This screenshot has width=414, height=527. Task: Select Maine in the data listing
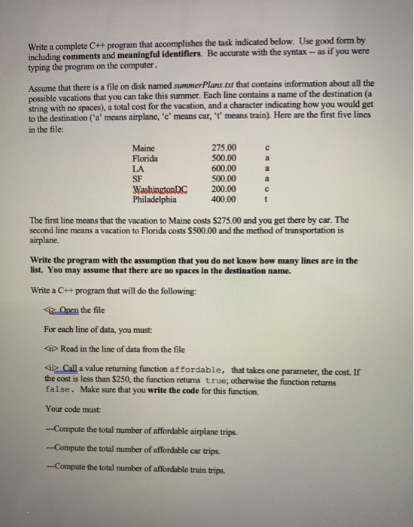[x=143, y=147]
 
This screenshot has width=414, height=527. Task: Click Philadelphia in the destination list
[x=154, y=200]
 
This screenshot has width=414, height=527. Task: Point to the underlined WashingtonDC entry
[x=160, y=189]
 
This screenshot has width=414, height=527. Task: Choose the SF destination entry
[x=138, y=178]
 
